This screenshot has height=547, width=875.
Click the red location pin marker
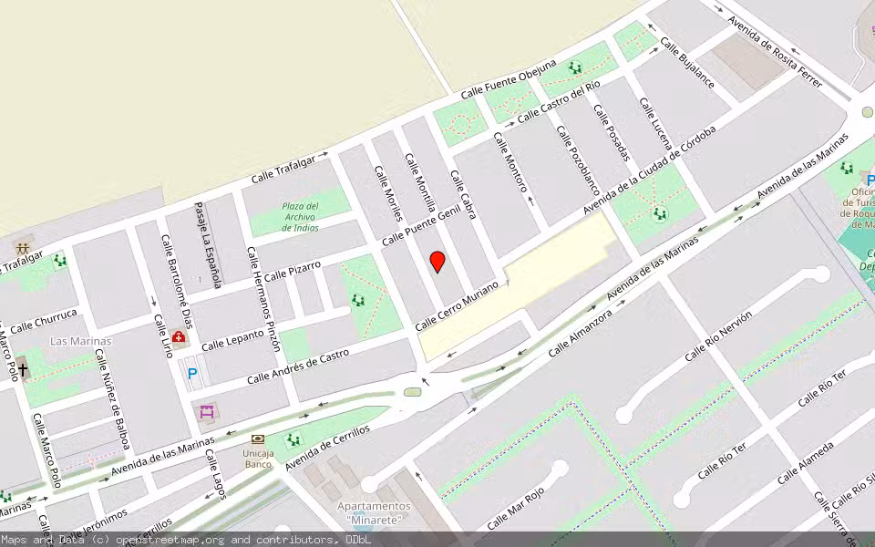point(437,261)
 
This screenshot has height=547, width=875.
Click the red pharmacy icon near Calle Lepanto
point(179,339)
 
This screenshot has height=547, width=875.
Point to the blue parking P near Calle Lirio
point(192,373)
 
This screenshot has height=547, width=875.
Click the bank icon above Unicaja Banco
point(258,439)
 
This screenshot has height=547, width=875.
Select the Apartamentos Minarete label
point(374,512)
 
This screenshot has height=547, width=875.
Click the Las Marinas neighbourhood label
point(80,341)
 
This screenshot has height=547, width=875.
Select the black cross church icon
point(23,370)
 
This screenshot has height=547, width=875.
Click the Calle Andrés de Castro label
point(298,366)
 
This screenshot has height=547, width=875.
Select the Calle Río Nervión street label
point(718,335)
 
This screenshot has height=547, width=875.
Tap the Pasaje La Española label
point(210,245)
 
